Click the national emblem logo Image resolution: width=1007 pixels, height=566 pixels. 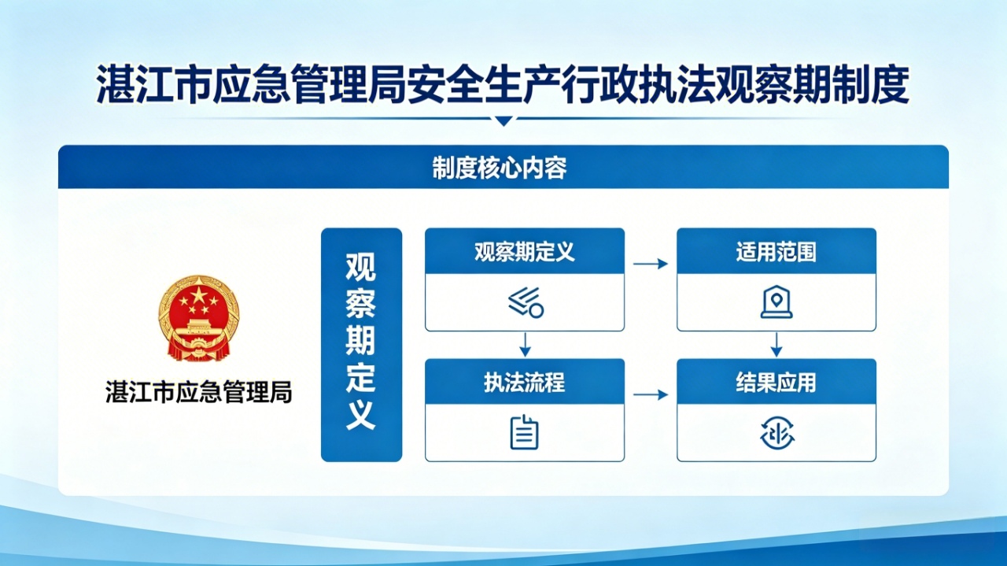pos(198,319)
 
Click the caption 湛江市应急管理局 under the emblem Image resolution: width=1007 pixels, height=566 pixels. pos(198,391)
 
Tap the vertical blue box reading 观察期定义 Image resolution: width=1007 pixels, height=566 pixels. pos(361,344)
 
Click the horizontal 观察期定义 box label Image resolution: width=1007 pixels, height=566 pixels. pos(524,252)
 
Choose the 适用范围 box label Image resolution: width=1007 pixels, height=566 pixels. pos(776,252)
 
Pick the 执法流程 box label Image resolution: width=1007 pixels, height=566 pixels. pos(524,383)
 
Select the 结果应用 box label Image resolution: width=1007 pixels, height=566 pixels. pos(776,383)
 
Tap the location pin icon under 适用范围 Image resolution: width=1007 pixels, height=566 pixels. pos(776,301)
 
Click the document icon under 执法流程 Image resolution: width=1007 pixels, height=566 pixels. pos(524,432)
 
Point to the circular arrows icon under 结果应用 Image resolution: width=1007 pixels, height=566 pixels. pos(776,433)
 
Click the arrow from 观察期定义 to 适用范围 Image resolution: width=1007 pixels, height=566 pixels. pos(650,264)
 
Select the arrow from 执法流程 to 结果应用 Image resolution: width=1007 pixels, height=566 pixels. pos(650,394)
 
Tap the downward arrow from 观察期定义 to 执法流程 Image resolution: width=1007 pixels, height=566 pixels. pos(525,344)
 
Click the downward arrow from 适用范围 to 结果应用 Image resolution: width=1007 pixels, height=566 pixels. pos(776,344)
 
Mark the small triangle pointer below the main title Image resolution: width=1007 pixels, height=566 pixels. pos(503,121)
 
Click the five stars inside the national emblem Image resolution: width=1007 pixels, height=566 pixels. pos(197,300)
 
